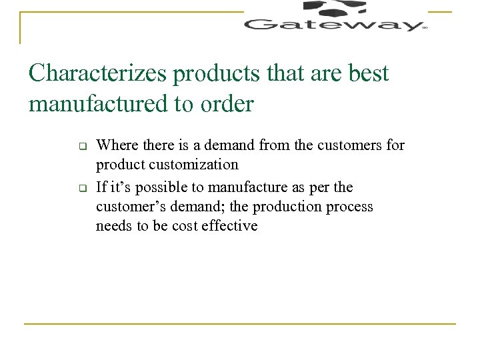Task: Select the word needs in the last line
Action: coord(113,226)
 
